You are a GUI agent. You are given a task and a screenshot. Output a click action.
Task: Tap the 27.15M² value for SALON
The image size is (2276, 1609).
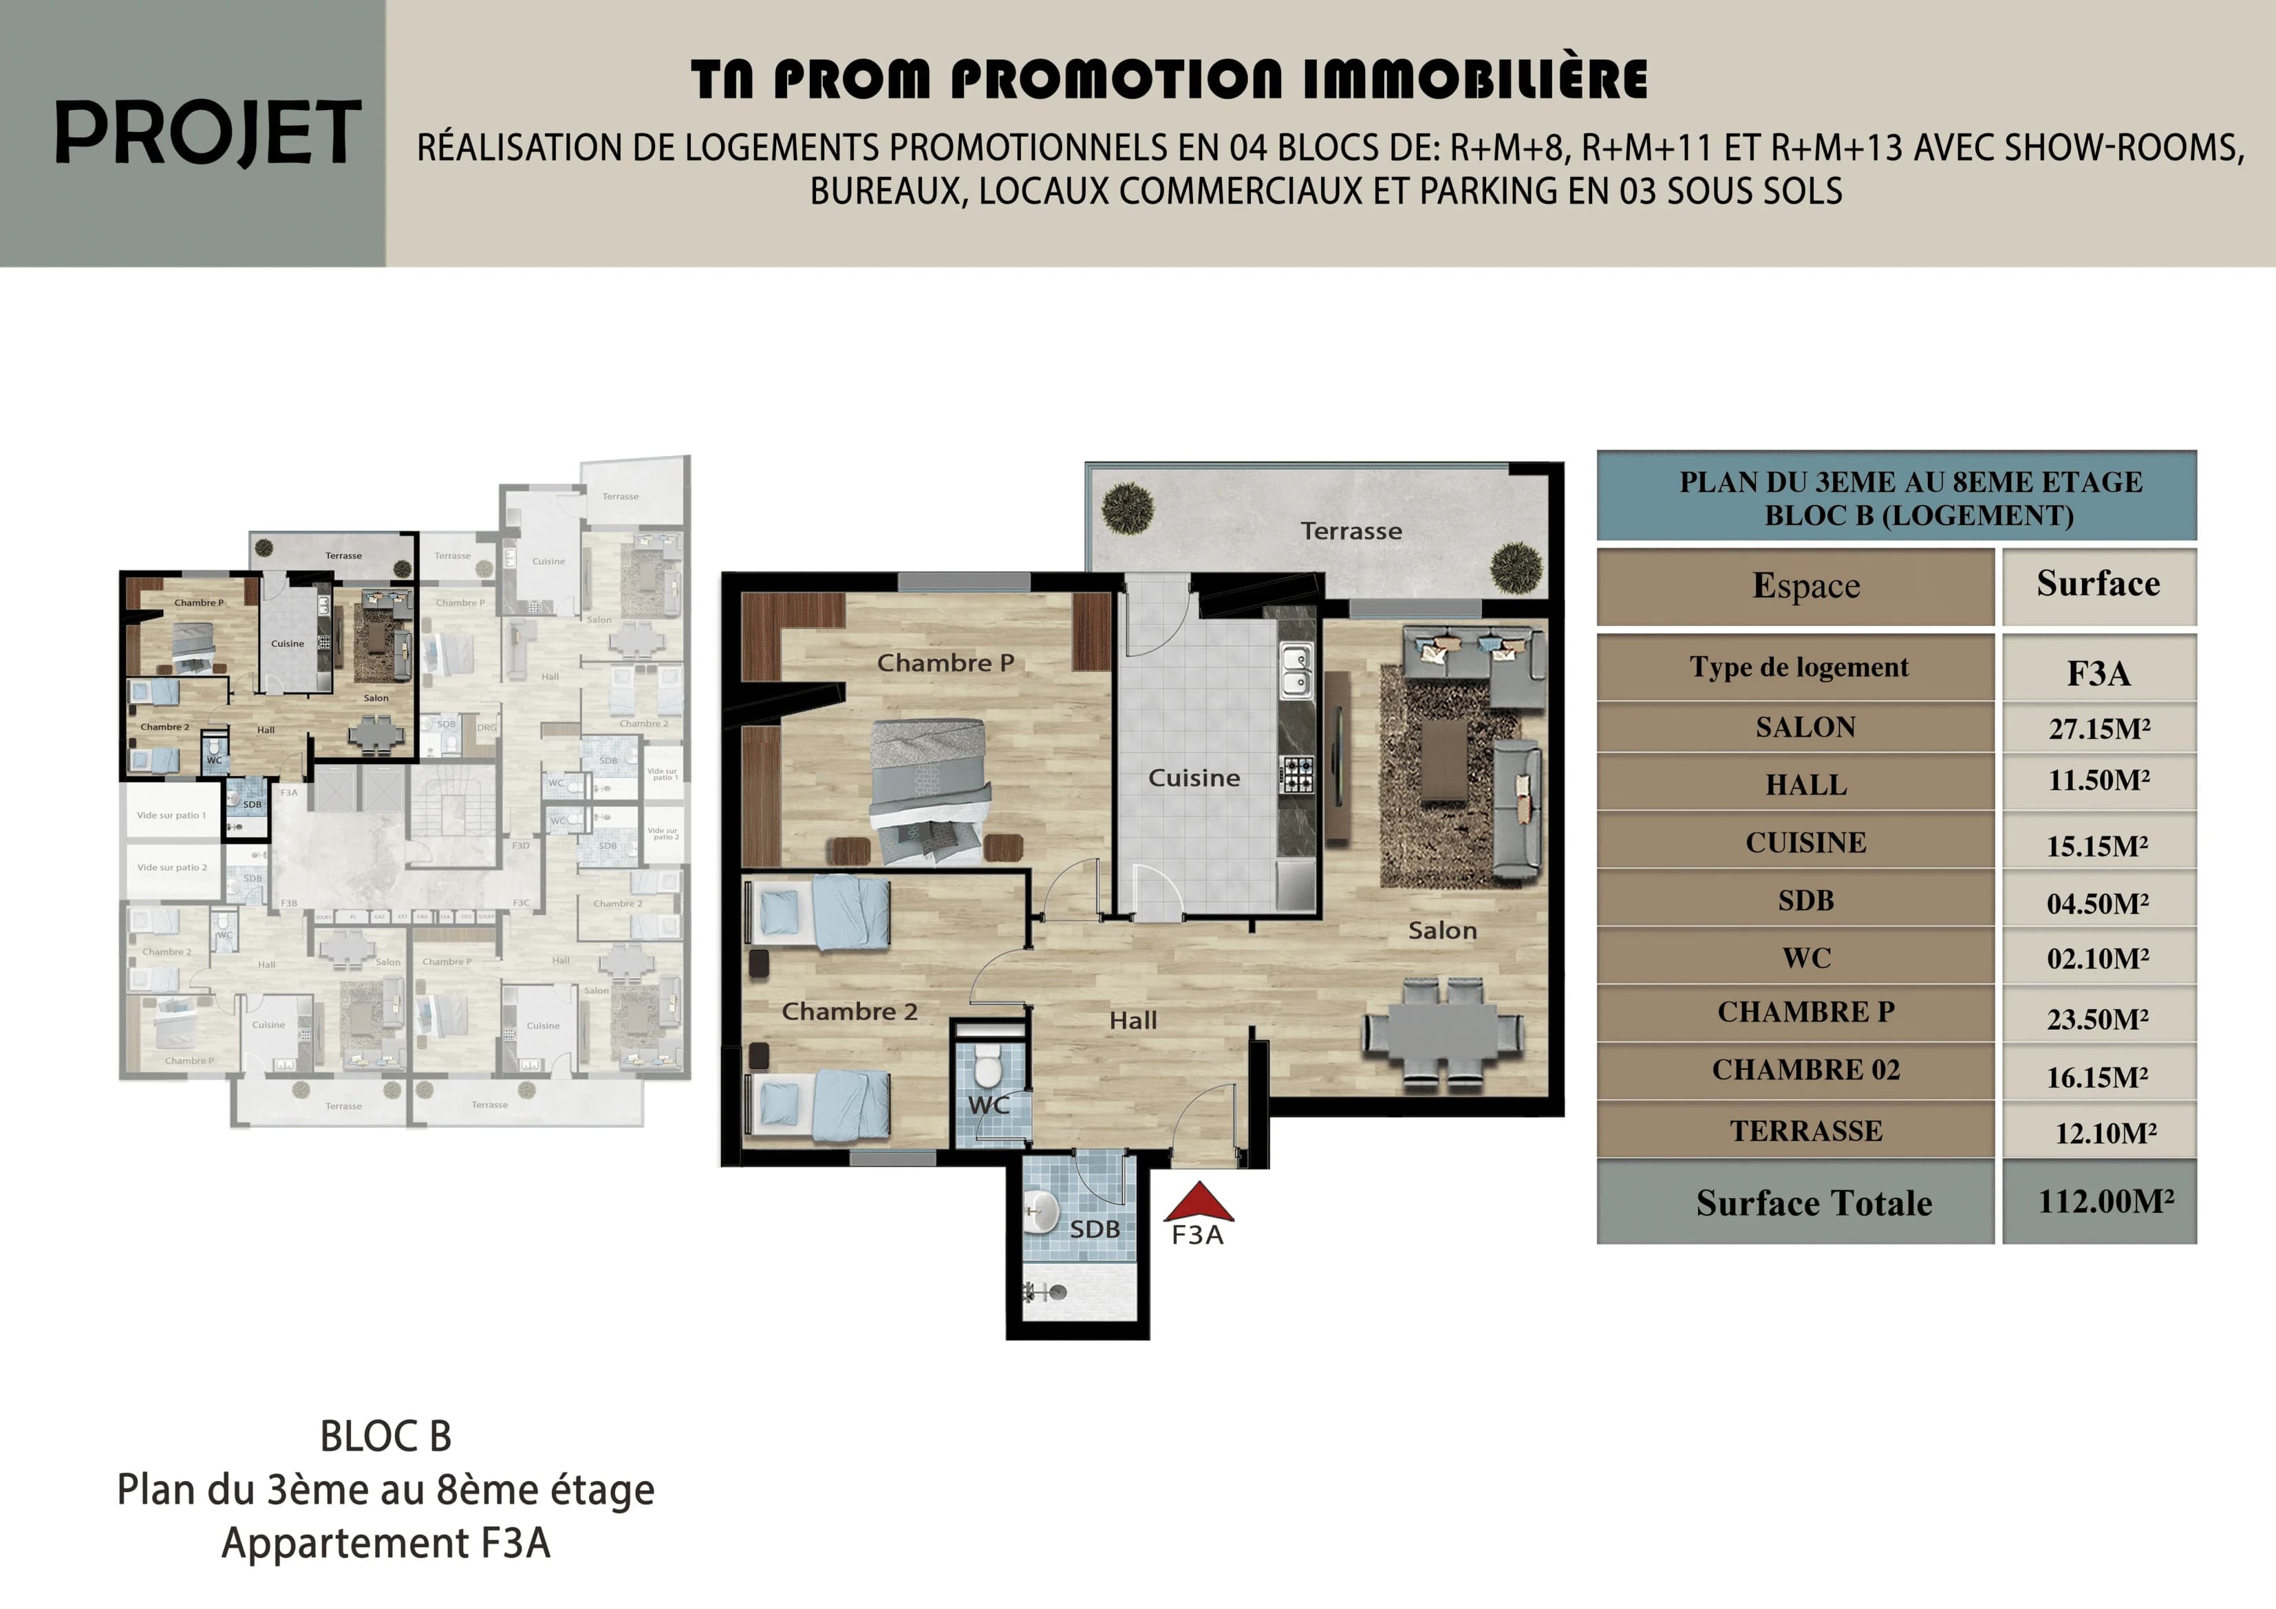tap(2098, 728)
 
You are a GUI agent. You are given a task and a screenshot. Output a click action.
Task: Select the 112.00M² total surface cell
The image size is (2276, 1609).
tap(2098, 1202)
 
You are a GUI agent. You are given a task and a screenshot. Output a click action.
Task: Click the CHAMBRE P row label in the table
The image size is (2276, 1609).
tap(1805, 1012)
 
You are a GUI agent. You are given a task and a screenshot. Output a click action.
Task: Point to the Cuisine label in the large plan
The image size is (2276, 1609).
tap(1194, 778)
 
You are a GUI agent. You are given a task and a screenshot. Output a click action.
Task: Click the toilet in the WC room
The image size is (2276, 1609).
tap(987, 1070)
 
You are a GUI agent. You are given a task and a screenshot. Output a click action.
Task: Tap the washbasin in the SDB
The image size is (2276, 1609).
tap(1041, 1211)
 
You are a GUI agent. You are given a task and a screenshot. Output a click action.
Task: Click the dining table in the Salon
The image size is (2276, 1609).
tap(1442, 1032)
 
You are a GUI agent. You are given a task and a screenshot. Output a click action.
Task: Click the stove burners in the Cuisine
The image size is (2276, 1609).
tap(1298, 775)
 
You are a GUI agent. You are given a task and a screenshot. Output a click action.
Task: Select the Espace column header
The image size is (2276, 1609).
tap(1805, 586)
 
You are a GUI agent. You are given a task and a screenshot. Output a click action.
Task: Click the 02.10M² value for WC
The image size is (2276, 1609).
tap(2098, 959)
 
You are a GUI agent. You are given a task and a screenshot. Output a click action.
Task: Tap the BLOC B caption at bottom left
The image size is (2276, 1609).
tap(385, 1436)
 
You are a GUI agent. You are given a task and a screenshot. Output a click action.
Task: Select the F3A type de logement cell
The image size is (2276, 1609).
tap(2098, 673)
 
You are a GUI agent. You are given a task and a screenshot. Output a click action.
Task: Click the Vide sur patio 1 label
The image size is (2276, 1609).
tap(171, 816)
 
